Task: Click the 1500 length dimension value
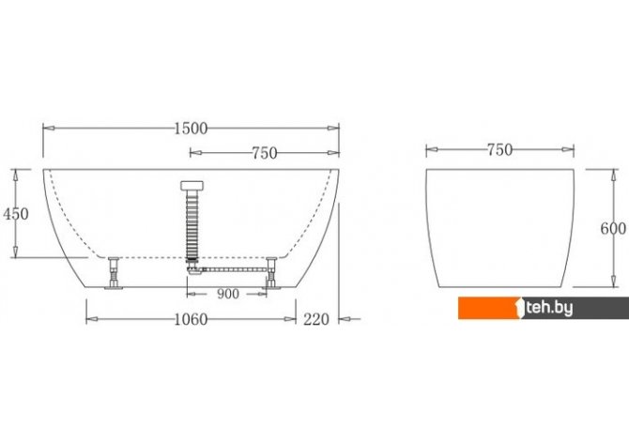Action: pos(192,129)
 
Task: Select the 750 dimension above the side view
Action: pos(265,153)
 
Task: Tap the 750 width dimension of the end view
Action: pos(499,150)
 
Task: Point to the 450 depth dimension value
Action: pos(16,214)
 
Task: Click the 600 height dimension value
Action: pos(613,229)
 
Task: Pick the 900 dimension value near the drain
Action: pos(228,294)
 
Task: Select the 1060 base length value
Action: pos(192,320)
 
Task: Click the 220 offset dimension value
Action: pos(316,320)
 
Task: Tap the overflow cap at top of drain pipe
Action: pos(192,185)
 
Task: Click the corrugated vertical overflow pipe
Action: pos(192,224)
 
